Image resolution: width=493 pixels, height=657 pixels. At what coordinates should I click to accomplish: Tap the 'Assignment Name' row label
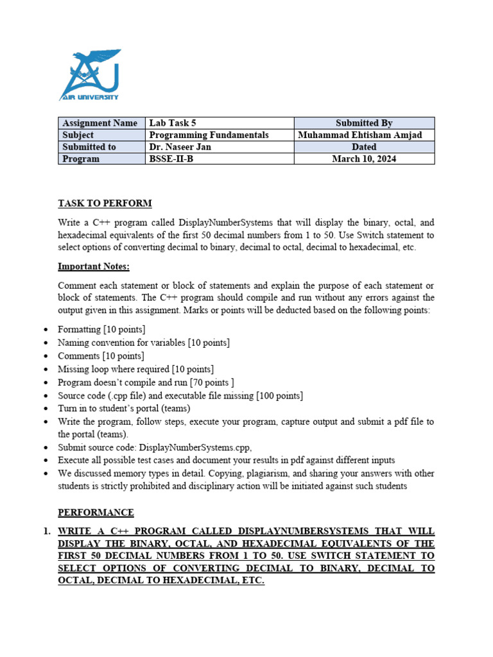pyautogui.click(x=99, y=123)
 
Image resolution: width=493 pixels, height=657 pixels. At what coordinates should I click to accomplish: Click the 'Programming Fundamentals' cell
pyautogui.click(x=209, y=135)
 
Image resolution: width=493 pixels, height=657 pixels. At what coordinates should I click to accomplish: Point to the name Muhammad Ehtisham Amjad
pyautogui.click(x=364, y=135)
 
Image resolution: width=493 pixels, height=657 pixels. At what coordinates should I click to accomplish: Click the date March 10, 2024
pyautogui.click(x=364, y=159)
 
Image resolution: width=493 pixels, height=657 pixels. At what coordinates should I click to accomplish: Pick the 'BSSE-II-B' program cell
pyautogui.click(x=171, y=159)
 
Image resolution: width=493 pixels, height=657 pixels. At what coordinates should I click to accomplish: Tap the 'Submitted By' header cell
pyautogui.click(x=364, y=123)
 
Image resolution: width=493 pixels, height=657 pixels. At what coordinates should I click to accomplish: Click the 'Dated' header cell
pyautogui.click(x=364, y=147)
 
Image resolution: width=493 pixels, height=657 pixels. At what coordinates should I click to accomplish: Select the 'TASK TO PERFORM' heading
pyautogui.click(x=105, y=203)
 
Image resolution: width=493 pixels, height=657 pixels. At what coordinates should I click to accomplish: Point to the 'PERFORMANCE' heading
pyautogui.click(x=96, y=513)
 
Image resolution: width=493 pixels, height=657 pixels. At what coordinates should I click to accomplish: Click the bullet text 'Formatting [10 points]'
pyautogui.click(x=101, y=330)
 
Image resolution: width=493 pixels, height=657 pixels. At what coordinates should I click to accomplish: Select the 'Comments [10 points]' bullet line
pyautogui.click(x=101, y=356)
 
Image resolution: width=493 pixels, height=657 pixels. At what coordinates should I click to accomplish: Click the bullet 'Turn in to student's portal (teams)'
pyautogui.click(x=124, y=409)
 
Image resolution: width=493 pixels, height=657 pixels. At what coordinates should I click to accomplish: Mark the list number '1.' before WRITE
pyautogui.click(x=46, y=531)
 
